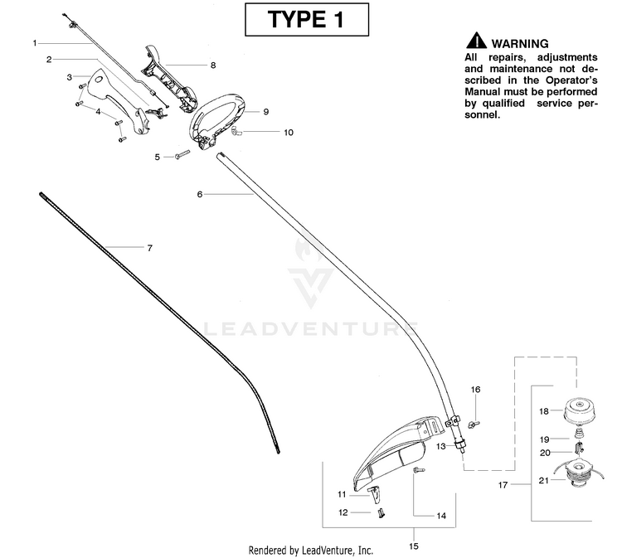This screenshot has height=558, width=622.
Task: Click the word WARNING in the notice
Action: pos(520,43)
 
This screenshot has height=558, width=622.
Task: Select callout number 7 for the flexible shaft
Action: pos(149,248)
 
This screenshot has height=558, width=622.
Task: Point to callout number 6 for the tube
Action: pos(200,194)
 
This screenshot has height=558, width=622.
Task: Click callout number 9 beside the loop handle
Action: pos(265,111)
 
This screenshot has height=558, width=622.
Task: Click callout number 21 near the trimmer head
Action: pos(544,480)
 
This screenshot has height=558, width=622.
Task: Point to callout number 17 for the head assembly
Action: pos(503,483)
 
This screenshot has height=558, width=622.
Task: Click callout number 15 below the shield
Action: pos(414,546)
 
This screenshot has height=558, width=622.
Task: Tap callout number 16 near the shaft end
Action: pos(475,389)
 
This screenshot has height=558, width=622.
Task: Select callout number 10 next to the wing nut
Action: pos(288,132)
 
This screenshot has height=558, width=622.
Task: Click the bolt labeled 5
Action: pos(183,156)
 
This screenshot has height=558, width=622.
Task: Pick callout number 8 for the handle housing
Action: pos(213,64)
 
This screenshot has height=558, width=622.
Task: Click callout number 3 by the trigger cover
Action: pos(70,76)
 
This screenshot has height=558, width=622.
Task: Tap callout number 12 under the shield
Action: pos(342,512)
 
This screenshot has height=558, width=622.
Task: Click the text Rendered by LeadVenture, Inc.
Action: pos(311,550)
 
